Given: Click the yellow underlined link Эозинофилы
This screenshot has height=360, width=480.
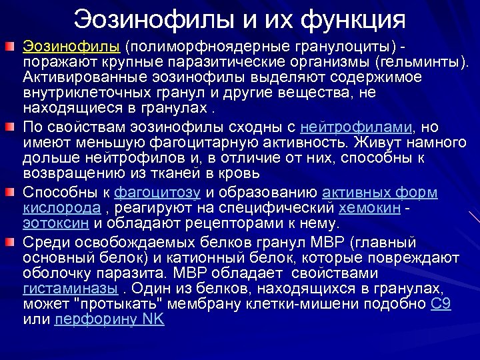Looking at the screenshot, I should coord(71,47).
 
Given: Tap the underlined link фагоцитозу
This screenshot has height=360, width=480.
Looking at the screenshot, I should coord(157,193).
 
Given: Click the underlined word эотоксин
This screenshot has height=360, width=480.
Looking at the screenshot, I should coord(57,223).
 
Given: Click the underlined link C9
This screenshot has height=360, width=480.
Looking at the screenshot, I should coord(441,304).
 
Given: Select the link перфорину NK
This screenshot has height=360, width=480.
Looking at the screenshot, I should coord(109,319).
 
